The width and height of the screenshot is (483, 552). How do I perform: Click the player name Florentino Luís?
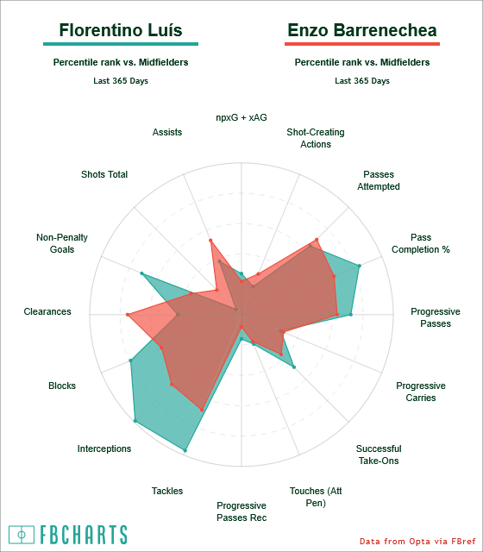click(x=121, y=30)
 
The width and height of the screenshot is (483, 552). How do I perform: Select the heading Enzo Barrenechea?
click(x=362, y=30)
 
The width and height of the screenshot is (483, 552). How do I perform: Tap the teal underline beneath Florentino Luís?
click(x=121, y=44)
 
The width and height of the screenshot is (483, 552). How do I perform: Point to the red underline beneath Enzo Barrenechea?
click(x=362, y=44)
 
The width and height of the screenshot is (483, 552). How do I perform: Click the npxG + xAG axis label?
click(x=241, y=117)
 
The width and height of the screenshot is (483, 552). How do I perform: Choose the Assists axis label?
click(x=167, y=132)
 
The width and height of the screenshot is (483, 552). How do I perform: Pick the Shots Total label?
click(x=104, y=174)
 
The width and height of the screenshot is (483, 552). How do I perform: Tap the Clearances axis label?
click(x=47, y=311)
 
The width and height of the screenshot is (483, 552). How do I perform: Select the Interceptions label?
click(x=104, y=448)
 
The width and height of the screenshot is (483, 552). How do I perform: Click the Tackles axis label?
click(x=167, y=491)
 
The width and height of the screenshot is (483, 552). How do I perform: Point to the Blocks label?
click(x=62, y=386)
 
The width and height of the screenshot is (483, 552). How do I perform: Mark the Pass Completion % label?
click(x=421, y=243)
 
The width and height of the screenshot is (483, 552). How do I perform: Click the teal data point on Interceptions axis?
click(x=135, y=421)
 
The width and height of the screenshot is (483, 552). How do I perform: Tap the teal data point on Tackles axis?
click(x=185, y=450)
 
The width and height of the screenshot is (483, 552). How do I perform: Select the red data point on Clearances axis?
click(x=129, y=314)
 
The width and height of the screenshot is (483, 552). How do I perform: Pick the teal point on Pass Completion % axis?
click(x=359, y=266)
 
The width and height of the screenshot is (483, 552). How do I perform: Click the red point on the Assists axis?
click(x=210, y=241)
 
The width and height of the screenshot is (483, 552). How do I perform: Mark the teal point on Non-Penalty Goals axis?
click(x=141, y=273)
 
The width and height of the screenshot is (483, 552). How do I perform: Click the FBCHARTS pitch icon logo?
click(x=22, y=535)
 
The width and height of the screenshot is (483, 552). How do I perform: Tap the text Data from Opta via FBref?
click(x=417, y=541)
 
